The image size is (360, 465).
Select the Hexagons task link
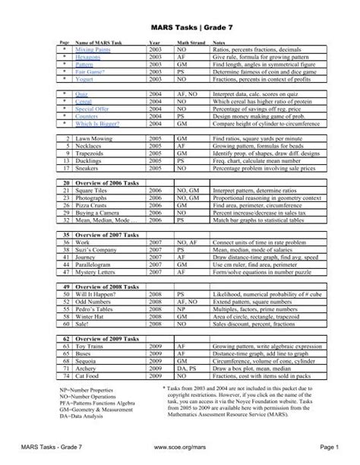pyautogui.click(x=89, y=56)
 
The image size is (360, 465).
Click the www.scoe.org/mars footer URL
pyautogui.click(x=180, y=454)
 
